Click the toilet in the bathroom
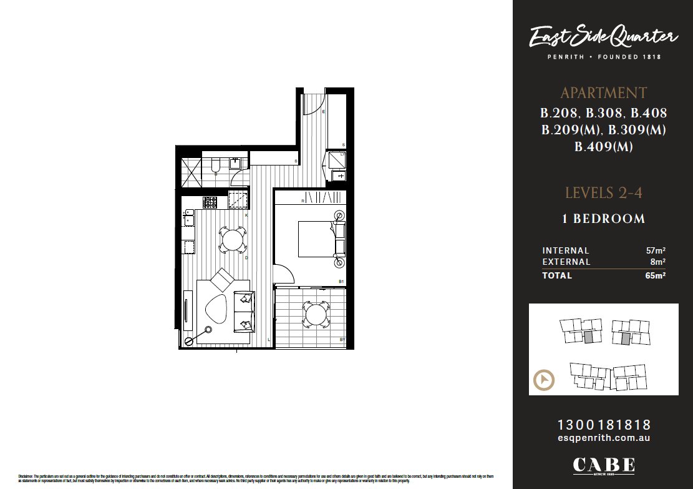coord(215,165)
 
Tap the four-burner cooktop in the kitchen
coord(210,202)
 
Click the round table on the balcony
coord(316,314)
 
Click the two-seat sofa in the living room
coord(242,311)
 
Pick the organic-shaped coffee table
coord(216,309)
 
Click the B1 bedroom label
coord(341,282)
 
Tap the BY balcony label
coord(342,340)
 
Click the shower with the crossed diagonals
coord(190,172)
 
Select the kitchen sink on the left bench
coord(188,219)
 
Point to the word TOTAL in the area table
coord(557,275)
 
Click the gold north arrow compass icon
coord(544,380)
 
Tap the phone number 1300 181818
coord(603,425)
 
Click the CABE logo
coord(603,466)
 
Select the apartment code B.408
coord(649,114)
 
